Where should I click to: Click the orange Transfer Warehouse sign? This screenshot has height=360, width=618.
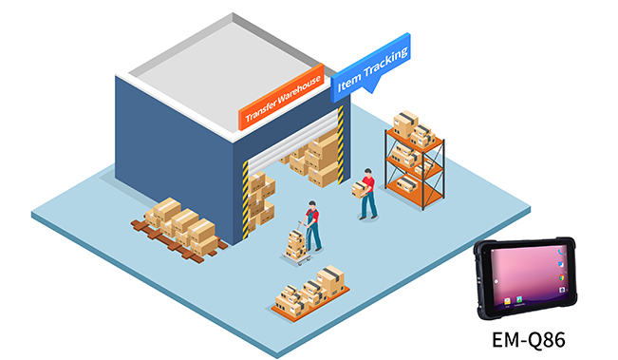(x=281, y=98)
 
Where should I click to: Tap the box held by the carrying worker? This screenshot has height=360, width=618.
(x=359, y=188)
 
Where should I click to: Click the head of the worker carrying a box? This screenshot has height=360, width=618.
(x=368, y=175)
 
